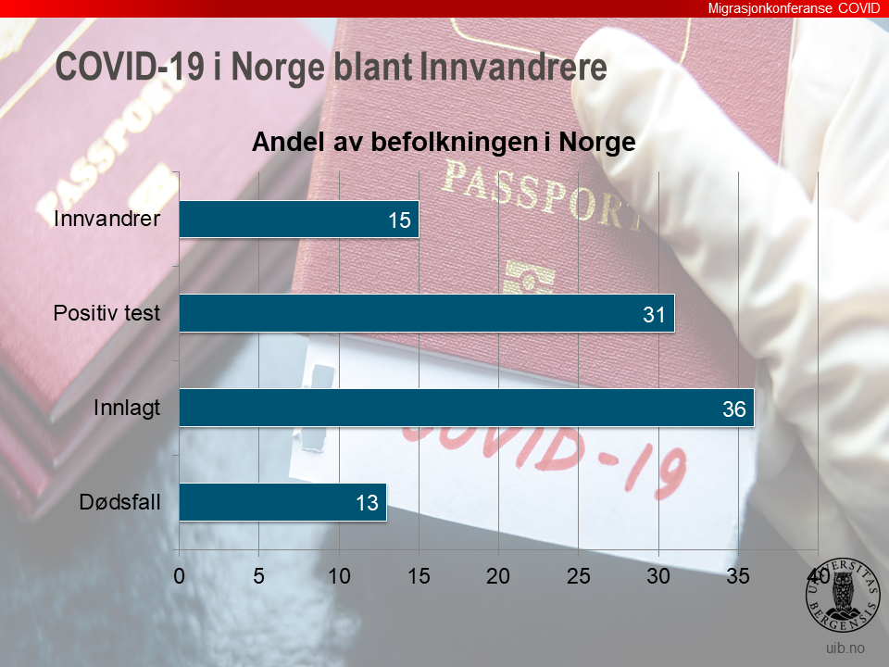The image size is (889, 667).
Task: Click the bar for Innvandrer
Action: pos(298,220)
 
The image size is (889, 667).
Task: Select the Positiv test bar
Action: pos(426,313)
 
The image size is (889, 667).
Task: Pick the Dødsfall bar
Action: pos(282,502)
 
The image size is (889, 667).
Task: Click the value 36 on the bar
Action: pos(734,409)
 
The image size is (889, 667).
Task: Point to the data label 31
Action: pos(655,315)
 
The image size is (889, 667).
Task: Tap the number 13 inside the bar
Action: pos(368,503)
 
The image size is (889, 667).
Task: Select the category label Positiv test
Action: pos(106,313)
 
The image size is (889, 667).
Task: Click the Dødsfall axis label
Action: pos(119,503)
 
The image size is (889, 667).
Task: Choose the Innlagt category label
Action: pos(127,408)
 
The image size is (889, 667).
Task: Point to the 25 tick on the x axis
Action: pos(579,575)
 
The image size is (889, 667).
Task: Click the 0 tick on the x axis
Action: pos(180,575)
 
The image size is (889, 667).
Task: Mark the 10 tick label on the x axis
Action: pos(339,575)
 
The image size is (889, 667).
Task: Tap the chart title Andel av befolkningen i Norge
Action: pos(444,143)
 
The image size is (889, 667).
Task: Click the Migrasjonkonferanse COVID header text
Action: pos(794,8)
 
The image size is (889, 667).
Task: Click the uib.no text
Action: pos(845,647)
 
